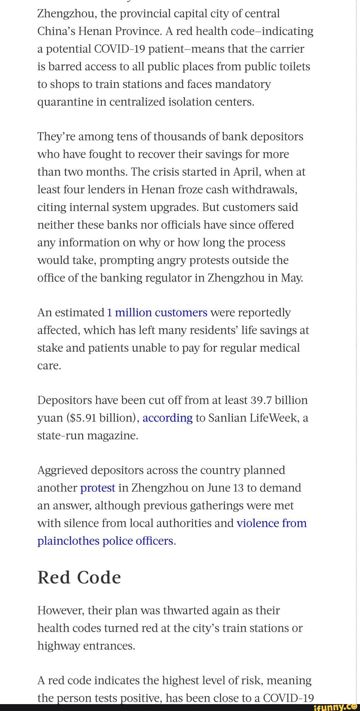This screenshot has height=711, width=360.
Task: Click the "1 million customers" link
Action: tap(157, 313)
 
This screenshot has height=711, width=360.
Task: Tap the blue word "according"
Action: tap(167, 418)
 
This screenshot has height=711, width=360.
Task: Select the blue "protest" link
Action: tap(98, 488)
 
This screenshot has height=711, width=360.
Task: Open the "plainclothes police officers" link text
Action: tap(105, 541)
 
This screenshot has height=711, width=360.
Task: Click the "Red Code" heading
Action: tap(79, 577)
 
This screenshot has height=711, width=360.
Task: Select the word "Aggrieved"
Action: tap(63, 470)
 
